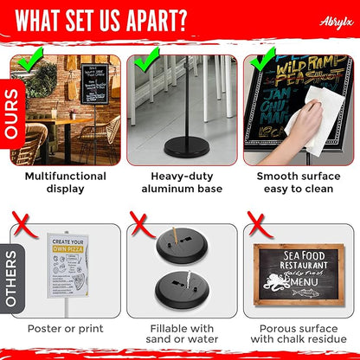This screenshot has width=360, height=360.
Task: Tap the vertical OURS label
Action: click(x=12, y=112)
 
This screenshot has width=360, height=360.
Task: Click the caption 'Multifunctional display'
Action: click(x=66, y=183)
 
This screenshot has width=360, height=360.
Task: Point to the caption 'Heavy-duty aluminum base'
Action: click(x=180, y=183)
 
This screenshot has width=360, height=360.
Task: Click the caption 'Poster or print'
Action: click(x=66, y=329)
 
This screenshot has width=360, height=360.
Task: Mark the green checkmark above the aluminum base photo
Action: click(x=146, y=61)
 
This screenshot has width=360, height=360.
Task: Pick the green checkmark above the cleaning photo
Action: click(x=260, y=61)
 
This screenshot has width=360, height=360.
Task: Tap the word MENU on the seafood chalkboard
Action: click(x=303, y=281)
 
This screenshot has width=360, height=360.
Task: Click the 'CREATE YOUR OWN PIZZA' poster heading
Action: click(x=71, y=246)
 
